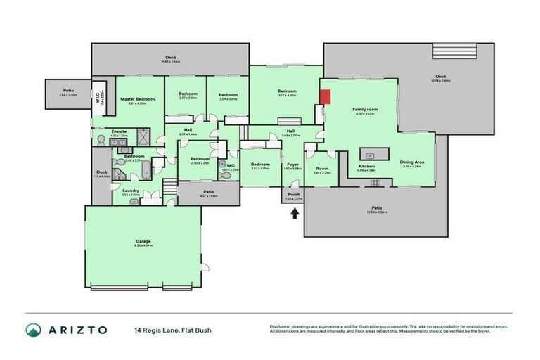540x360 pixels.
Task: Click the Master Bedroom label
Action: pyautogui.click(x=133, y=99)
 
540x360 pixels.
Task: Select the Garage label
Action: pyautogui.click(x=143, y=241)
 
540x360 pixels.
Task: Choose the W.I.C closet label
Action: pyautogui.click(x=98, y=98)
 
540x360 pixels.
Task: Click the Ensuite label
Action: pyautogui.click(x=119, y=131)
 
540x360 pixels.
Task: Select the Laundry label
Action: pyautogui.click(x=130, y=190)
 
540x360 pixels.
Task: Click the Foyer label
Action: pyautogui.click(x=292, y=164)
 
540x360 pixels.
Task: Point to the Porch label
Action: pyautogui.click(x=293, y=195)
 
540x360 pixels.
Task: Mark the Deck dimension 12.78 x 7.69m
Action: pyautogui.click(x=441, y=80)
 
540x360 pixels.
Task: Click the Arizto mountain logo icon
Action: pyautogui.click(x=33, y=330)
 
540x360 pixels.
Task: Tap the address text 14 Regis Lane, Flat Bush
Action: pyautogui.click(x=173, y=330)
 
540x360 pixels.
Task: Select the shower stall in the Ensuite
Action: pyautogui.click(x=143, y=135)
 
